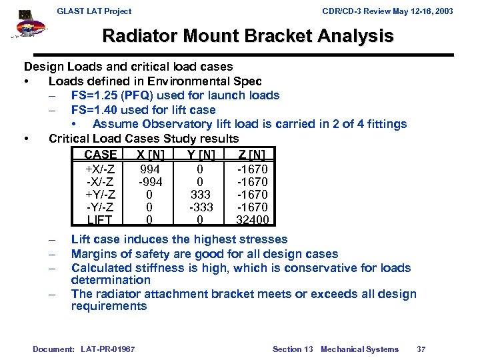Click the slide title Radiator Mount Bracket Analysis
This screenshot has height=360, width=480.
click(247, 36)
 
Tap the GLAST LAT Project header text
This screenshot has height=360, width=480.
click(94, 11)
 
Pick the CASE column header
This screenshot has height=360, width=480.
click(100, 155)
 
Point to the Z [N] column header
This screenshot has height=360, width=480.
click(252, 155)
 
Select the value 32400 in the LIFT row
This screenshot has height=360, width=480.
click(252, 220)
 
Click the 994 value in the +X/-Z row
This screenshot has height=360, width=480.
click(149, 169)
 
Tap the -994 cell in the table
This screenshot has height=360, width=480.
click(149, 182)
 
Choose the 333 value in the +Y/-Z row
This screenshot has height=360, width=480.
click(200, 195)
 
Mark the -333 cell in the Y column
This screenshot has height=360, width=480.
click(200, 207)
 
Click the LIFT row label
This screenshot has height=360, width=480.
click(99, 220)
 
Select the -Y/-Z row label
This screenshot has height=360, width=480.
click(99, 207)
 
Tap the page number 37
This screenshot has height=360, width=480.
click(421, 349)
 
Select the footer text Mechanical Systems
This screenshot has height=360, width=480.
click(359, 349)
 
